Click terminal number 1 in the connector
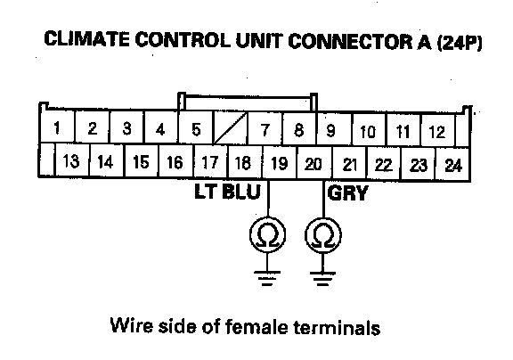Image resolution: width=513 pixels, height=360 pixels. coord(57,127)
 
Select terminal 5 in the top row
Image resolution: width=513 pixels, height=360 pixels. coord(196,129)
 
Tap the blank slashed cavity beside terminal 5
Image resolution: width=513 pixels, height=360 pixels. coord(231,128)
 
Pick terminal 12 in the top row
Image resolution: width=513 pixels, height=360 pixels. coord(437,132)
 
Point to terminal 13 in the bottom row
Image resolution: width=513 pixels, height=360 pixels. coord(71,161)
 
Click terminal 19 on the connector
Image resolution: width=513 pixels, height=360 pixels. coord(279,163)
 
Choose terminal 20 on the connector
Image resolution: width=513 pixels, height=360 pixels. coord(313,164)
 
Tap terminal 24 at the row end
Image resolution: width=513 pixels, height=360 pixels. coord(453,165)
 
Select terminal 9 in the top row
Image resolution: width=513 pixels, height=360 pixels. coord(331,130)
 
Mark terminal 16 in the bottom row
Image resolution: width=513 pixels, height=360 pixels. coord(175,162)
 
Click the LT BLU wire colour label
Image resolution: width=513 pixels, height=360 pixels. coord(227,192)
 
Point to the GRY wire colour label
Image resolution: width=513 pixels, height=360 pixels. coord(347,192)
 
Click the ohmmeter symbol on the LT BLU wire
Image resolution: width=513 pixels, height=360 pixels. coord(267,234)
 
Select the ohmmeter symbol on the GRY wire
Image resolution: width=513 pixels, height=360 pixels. coord(323,235)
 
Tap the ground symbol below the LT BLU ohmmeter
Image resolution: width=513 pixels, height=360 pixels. coord(267,278)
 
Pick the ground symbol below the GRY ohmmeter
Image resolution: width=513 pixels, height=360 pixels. coord(322,279)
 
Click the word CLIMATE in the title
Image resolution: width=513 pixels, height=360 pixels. coord(86,39)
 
